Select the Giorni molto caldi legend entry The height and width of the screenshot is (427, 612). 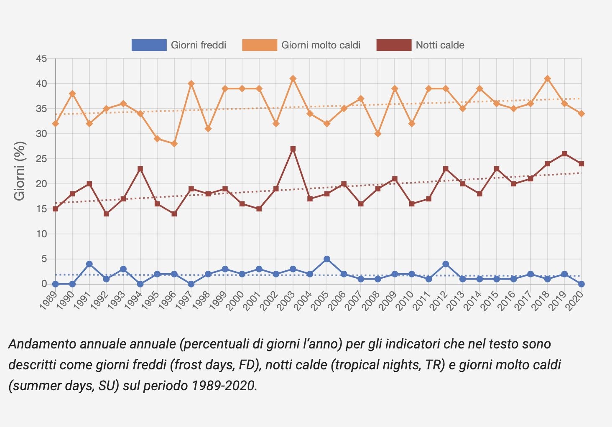click(301, 45)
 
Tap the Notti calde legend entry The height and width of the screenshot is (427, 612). click(421, 45)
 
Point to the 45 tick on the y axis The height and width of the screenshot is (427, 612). click(41, 58)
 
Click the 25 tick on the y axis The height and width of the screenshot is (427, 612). click(41, 159)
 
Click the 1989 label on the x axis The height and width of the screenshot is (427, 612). click(48, 300)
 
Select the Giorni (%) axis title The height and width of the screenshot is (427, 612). click(20, 171)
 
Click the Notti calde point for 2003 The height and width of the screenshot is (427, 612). click(293, 149)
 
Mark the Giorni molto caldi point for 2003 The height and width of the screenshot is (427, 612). click(293, 79)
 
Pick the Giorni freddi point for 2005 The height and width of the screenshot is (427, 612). click(327, 259)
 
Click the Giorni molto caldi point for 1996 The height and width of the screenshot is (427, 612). click(174, 144)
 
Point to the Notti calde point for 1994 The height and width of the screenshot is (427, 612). click(140, 169)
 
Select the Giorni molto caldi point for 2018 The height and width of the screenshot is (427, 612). click(548, 79)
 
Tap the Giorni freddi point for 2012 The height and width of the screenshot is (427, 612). click(446, 264)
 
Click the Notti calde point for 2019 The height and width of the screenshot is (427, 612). click(564, 154)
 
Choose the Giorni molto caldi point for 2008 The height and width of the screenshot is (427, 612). click(378, 134)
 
